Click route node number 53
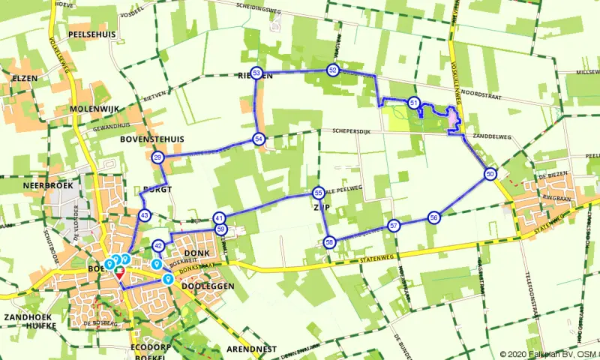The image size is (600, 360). click(x=257, y=73)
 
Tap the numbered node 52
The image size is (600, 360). click(x=332, y=70)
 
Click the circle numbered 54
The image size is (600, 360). click(x=259, y=139)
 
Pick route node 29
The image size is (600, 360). click(x=157, y=157)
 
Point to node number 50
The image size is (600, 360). click(x=490, y=174)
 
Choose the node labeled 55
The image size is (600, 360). click(x=319, y=193)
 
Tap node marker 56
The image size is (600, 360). click(x=433, y=217)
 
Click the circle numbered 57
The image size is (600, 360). click(x=394, y=225)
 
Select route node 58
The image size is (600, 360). click(x=329, y=242)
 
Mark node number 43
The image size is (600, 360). click(x=144, y=215)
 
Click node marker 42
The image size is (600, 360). click(x=158, y=245)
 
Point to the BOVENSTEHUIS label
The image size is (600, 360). click(x=151, y=140)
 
